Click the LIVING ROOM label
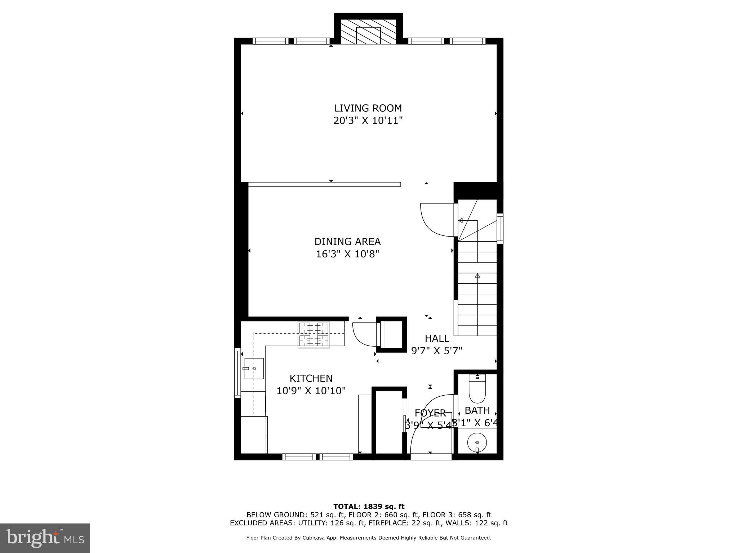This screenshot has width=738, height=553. [368, 108]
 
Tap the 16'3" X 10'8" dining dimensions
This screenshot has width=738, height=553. [347, 254]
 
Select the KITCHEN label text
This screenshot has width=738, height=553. [311, 378]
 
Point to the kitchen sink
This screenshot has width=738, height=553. [254, 368]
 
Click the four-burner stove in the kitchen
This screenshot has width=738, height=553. [314, 335]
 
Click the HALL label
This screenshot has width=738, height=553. [437, 338]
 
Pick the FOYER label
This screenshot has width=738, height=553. [430, 413]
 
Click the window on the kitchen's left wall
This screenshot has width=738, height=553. [237, 373]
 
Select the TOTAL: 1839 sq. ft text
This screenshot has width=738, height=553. [369, 507]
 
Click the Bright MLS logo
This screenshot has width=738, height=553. [45, 538]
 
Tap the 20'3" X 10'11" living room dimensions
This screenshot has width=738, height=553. [368, 121]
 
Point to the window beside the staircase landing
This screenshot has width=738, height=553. [500, 229]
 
